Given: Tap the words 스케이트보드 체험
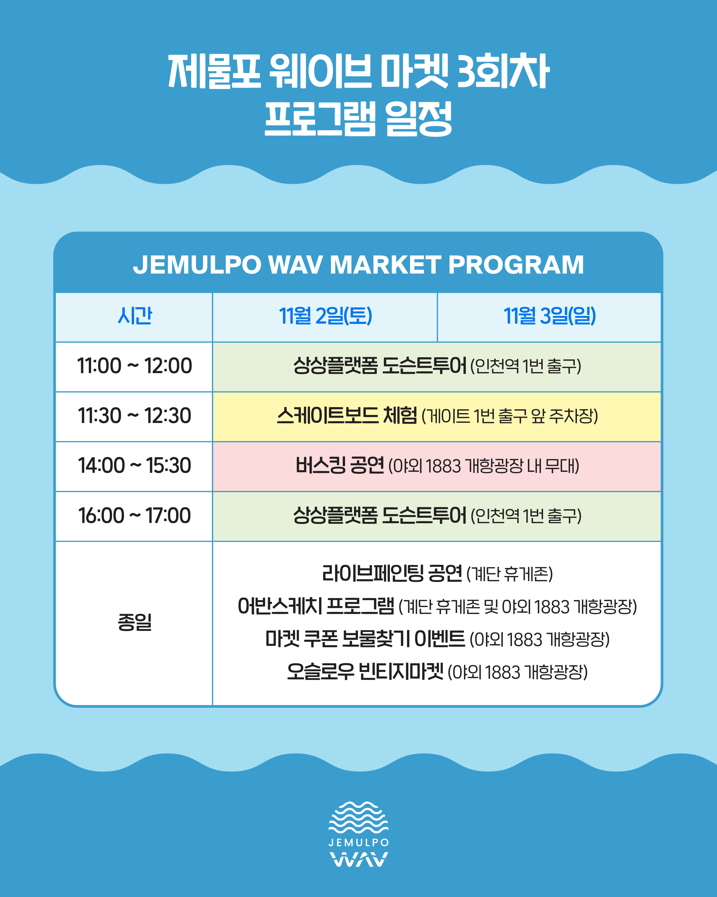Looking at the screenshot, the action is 347,415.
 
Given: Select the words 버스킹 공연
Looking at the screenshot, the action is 339,465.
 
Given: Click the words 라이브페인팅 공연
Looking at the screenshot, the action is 392,573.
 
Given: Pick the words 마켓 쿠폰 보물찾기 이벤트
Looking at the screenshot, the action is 365,639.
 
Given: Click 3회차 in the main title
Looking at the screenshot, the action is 504,71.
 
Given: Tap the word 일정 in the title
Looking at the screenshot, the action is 418,119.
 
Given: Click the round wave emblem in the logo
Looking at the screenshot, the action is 358,818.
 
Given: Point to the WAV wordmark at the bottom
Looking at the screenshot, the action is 358,859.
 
